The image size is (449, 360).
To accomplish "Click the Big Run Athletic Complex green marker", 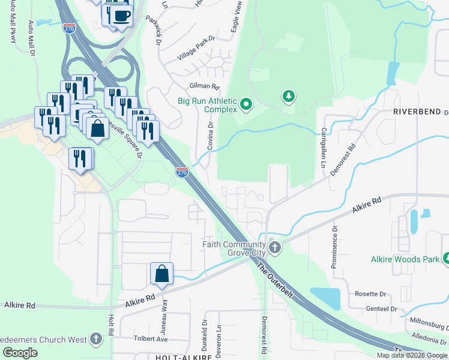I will coord(246,106).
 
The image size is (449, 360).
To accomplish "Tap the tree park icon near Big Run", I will coord(289,96).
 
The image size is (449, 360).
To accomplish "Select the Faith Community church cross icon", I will coord(275,247).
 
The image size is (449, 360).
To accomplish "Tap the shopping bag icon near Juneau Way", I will coord(161,274).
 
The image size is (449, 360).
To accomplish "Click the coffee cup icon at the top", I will coord(121,16).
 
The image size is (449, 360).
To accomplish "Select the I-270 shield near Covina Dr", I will coord(182,172).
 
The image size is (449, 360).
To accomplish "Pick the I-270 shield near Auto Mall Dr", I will coord(69,28).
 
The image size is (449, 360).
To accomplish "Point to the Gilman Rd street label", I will coord(205,86).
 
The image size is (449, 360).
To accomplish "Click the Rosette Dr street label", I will coord(370,294).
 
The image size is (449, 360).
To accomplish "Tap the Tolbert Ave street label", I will coord(150,338).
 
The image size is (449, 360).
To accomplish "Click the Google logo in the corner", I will coord(20,353).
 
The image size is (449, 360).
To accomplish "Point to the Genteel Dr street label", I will coord(381,309).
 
